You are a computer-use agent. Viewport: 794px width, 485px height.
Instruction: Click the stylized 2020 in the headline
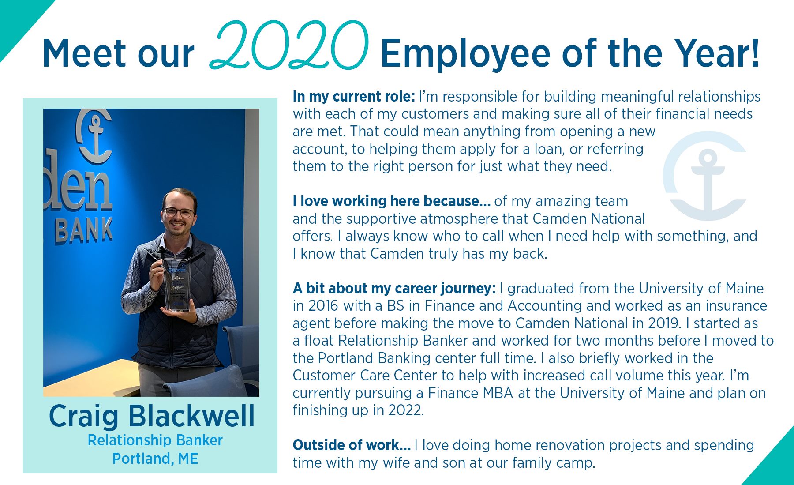point(289,45)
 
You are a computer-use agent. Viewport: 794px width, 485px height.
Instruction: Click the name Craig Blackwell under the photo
point(152,416)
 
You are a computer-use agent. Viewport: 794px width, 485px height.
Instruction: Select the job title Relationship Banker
point(155,440)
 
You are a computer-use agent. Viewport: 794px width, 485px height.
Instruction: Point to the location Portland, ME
point(155,459)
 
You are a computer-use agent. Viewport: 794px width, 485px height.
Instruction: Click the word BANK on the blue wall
point(84,230)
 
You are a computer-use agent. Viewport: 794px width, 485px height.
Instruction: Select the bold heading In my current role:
point(354,96)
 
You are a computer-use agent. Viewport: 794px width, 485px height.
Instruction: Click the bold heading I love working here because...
point(391,201)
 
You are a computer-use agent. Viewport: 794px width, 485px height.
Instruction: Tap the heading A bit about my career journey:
point(394,289)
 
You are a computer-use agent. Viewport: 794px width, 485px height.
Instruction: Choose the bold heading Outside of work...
point(352,445)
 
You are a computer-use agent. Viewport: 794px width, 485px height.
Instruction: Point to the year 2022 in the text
point(405,410)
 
